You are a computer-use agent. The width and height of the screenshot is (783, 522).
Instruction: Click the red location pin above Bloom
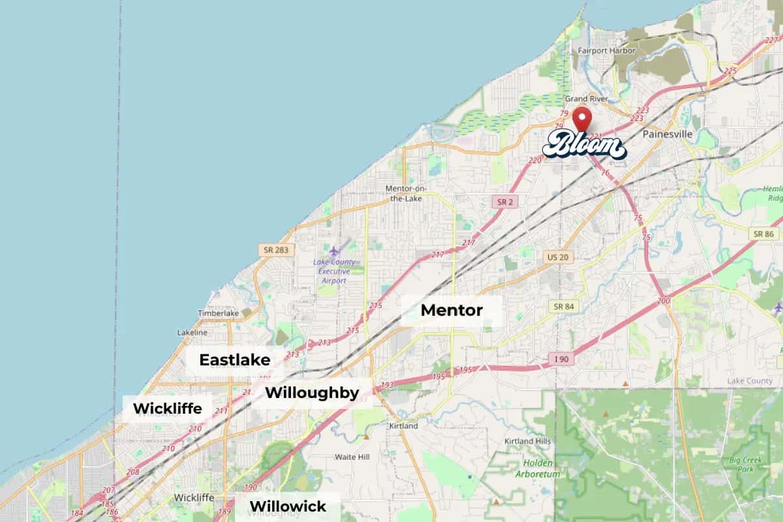coord(582,119)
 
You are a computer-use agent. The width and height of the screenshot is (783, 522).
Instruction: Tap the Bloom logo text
coord(584,144)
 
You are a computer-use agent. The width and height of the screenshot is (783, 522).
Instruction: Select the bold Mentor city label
coord(452,311)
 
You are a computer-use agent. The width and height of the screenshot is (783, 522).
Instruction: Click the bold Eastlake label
coord(225,360)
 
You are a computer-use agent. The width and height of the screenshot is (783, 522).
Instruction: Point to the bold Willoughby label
coord(312,393)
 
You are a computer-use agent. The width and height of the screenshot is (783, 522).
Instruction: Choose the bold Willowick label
coord(288,506)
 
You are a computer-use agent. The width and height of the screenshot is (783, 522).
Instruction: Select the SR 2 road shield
coord(505,202)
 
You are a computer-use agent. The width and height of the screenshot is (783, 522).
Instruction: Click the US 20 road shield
coord(557,257)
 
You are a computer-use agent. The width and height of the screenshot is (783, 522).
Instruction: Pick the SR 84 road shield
coord(562,306)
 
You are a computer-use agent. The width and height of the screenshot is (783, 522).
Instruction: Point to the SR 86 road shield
coord(763,234)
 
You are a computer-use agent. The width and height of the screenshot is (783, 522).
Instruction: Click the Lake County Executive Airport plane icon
coord(335,251)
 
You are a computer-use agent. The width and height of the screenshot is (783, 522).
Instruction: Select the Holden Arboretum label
coord(538,468)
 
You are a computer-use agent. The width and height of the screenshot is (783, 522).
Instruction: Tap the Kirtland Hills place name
coord(527,441)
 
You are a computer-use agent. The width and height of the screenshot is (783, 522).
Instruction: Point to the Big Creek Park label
coord(745,465)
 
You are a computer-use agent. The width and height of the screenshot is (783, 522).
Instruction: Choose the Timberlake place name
coord(219,313)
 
